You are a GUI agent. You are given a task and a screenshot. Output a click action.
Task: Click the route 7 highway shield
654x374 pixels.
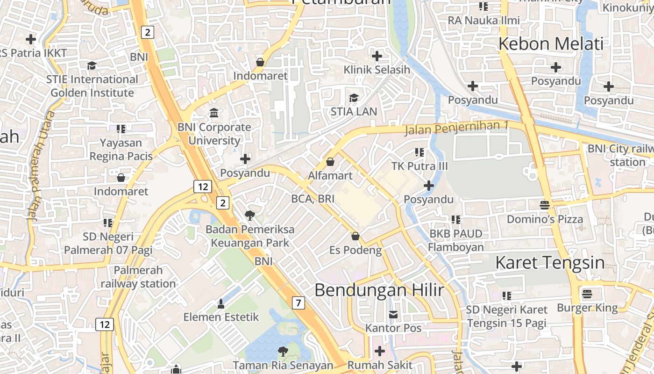coord(299,303)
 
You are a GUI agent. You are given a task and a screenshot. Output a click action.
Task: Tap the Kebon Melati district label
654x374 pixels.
coord(551,44)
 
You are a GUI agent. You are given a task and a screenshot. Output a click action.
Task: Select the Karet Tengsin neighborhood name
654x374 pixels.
coord(550,263)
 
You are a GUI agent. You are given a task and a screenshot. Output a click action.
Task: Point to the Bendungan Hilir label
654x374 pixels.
coord(379,290)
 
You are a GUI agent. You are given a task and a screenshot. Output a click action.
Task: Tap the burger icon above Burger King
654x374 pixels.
coord(587,294)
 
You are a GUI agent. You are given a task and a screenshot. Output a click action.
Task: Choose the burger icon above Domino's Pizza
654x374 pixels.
coord(545,205)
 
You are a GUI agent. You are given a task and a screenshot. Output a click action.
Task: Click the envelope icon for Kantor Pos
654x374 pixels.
coord(393,315)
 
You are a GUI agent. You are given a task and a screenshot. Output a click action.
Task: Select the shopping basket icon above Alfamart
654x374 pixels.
coord(330,162)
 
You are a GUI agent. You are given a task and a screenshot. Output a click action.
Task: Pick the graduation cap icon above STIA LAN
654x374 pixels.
coord(354,98)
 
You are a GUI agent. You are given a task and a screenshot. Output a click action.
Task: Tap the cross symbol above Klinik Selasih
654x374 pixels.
coord(377,56)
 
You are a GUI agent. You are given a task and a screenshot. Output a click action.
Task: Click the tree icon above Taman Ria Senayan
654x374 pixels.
coord(283,351)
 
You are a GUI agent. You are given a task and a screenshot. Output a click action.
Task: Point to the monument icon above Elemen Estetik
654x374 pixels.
coord(221,304)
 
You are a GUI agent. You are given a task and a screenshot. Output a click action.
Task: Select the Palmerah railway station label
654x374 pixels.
coord(138,277)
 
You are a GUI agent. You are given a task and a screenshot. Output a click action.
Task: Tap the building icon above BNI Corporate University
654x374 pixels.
coord(214,113)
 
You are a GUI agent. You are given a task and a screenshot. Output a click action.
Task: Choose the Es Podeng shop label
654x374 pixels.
coord(355,250)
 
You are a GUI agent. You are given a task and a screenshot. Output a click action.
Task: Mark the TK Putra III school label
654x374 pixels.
coord(419,166)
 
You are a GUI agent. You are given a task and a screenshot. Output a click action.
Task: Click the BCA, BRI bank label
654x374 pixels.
coord(313,199)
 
